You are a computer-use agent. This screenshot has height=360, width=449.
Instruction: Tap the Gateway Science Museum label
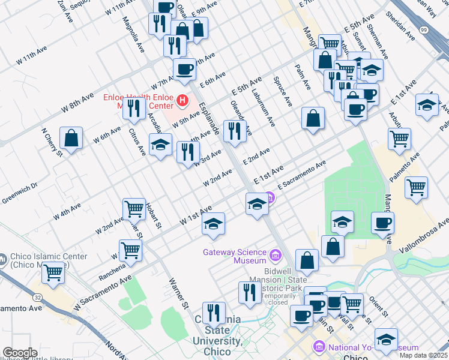pos(234,256)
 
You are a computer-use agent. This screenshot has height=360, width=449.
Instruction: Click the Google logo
pos(20,353)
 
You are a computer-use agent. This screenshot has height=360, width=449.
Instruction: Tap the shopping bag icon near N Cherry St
pos(71,137)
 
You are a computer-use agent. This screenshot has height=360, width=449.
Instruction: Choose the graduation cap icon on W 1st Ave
pos(213,224)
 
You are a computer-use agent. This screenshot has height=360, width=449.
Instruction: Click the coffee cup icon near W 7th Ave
pos(184,68)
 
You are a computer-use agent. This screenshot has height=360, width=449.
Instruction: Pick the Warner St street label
pos(179,290)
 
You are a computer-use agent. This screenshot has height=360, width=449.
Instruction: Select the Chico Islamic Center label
pos(47,260)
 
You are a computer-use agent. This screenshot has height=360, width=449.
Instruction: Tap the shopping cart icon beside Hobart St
pos(134,209)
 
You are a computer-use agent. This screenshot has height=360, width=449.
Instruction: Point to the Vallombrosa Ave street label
pos(420,232)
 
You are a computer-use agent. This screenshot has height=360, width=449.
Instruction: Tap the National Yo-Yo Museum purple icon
pos(319,347)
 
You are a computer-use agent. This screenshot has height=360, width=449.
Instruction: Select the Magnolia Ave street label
pos(133,35)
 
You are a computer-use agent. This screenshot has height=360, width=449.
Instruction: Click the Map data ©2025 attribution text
pos(423,355)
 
